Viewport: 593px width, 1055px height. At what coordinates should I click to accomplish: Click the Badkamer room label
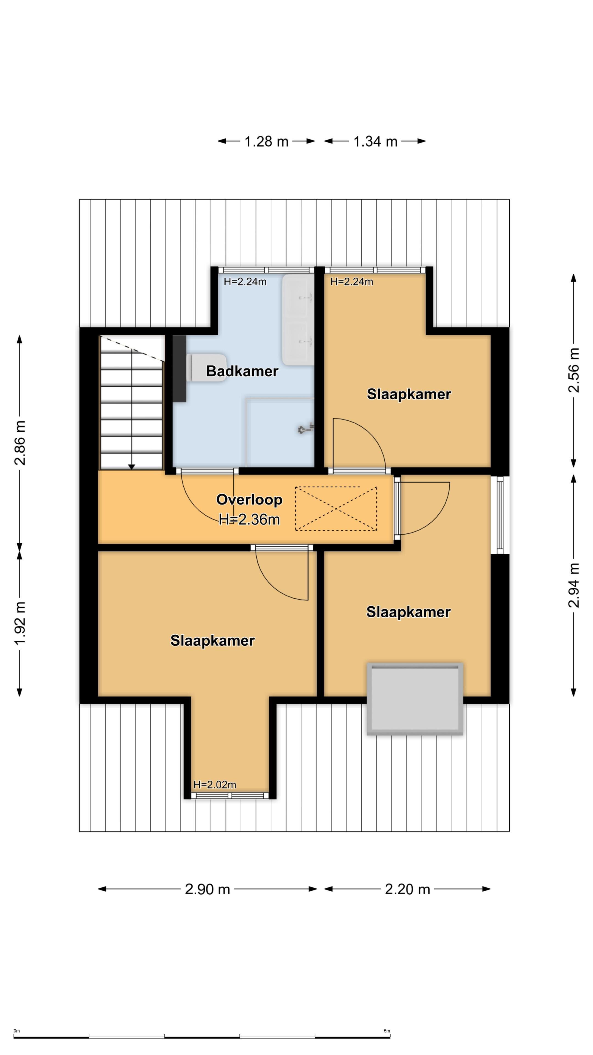pyautogui.click(x=242, y=371)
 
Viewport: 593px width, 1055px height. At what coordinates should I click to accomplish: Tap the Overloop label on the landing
pyautogui.click(x=249, y=500)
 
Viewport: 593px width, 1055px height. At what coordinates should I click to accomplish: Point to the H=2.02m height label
pyautogui.click(x=215, y=784)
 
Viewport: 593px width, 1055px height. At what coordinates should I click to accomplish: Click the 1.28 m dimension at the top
pyautogui.click(x=266, y=141)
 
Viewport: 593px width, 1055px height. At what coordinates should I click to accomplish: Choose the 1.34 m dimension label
pyautogui.click(x=375, y=141)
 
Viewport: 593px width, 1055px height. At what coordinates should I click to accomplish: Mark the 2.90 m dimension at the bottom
pyautogui.click(x=208, y=889)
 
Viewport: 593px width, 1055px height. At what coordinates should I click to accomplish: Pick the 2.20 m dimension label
pyautogui.click(x=408, y=889)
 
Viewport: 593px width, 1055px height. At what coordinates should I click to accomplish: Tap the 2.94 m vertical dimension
pyautogui.click(x=574, y=585)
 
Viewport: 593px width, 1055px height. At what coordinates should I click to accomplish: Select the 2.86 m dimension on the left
pyautogui.click(x=20, y=443)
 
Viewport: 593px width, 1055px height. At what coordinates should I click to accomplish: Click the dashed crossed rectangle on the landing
pyautogui.click(x=336, y=508)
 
